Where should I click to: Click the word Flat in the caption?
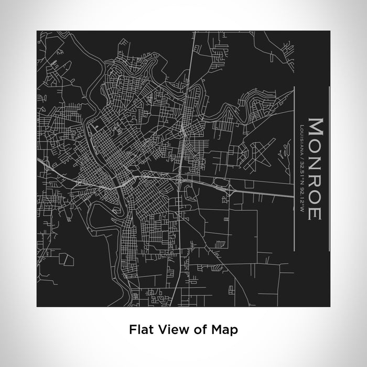[x=139, y=330]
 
